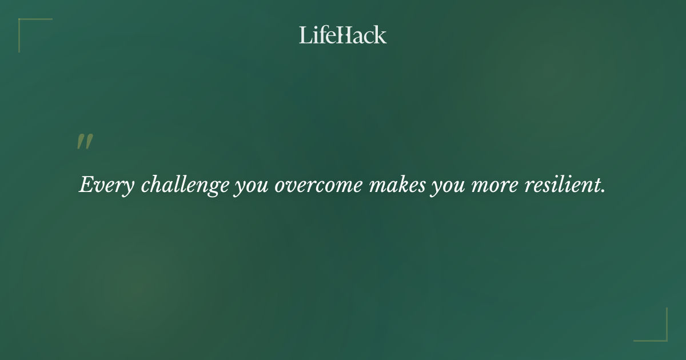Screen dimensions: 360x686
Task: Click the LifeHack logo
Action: pos(343,35)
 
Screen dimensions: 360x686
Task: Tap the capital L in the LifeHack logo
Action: pos(304,35)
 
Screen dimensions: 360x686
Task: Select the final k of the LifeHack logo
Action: pos(381,35)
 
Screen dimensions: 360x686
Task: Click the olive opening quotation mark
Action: pos(85,142)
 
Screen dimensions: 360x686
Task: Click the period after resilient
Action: pos(603,191)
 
